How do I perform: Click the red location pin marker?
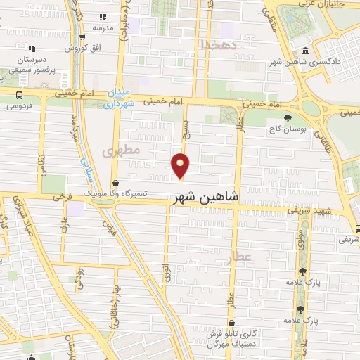coord(181,165)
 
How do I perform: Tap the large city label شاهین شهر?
coord(205,199)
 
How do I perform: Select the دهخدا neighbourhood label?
coord(215,44)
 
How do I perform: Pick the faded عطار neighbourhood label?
coord(238,258)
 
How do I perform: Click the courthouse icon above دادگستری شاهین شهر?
coord(304,51)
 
